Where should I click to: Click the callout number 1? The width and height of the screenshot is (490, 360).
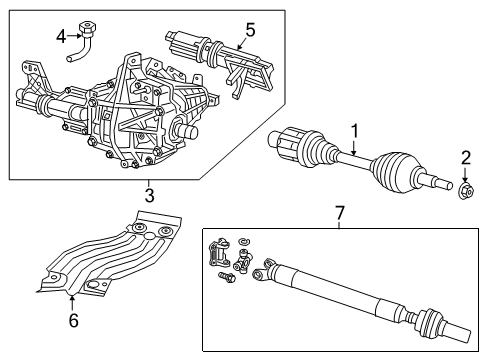click(x=353, y=129)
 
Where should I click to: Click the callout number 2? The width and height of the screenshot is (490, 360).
click(x=466, y=157)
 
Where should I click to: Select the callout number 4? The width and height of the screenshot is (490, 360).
click(x=61, y=37)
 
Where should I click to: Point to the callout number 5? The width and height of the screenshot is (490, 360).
click(x=250, y=29)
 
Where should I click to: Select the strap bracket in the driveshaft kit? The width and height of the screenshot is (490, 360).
click(x=219, y=250)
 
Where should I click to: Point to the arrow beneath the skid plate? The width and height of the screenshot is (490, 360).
click(x=71, y=296)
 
